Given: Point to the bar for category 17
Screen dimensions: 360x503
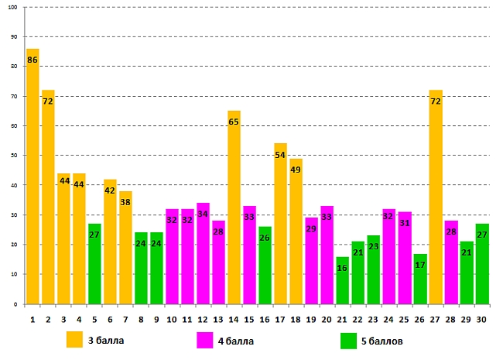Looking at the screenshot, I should coord(280,224).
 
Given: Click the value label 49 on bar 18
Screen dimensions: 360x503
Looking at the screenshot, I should coord(296,170).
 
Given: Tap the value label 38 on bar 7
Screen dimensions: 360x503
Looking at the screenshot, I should coord(125,202).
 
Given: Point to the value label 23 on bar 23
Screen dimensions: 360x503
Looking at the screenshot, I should coord(373,247).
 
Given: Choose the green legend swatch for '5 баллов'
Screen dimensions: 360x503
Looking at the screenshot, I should coord(348,340).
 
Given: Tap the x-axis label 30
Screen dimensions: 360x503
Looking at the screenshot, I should coord(481,318).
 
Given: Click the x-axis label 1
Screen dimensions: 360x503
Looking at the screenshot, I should coord(33,318).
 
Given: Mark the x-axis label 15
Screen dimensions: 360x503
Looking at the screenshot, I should coord(249,318).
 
